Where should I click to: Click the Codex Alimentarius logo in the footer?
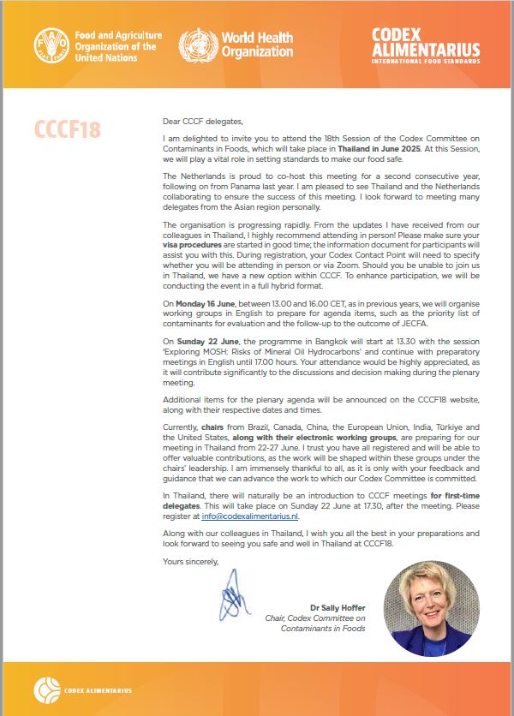77,690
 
